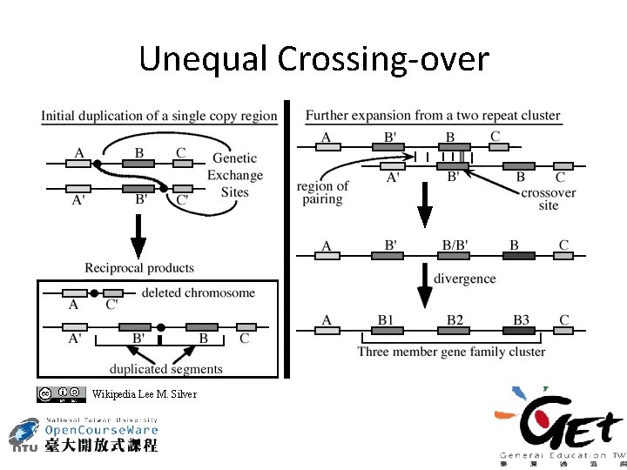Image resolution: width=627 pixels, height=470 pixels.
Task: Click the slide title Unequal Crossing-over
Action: [313, 59]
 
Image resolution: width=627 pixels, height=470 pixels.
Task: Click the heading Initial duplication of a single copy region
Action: [159, 115]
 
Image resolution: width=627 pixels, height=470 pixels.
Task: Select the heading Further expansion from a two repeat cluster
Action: [433, 115]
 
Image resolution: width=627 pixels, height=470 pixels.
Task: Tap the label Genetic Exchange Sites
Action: [234, 175]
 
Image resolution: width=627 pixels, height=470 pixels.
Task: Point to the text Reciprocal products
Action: [139, 268]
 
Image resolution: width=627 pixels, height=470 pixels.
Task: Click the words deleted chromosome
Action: [198, 292]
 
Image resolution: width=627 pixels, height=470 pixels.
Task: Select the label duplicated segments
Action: [165, 368]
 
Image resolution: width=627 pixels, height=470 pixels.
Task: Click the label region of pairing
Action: [322, 192]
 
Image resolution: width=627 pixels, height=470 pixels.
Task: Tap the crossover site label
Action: [549, 198]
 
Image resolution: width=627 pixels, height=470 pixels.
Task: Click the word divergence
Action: [466, 279]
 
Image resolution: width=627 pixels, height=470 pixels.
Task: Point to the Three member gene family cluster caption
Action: [451, 352]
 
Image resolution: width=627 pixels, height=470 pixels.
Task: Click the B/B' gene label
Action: [455, 245]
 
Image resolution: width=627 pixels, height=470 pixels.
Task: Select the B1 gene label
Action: [386, 320]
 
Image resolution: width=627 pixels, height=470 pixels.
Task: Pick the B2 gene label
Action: [455, 320]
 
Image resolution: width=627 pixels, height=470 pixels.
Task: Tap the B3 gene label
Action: [521, 320]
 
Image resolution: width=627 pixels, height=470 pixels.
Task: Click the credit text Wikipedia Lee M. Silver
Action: [144, 394]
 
